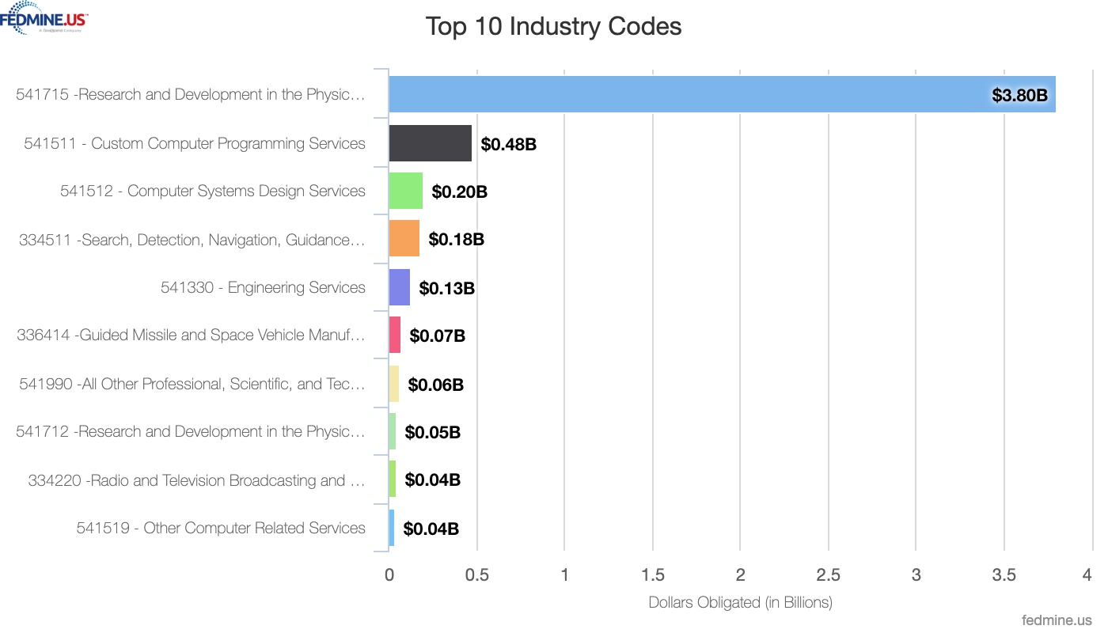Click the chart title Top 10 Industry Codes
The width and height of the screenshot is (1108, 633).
coord(553,26)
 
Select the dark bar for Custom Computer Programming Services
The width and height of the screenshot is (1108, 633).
coord(430,143)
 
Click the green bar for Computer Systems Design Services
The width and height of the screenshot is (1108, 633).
coord(405,191)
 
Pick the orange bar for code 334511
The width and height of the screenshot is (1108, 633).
coord(404,239)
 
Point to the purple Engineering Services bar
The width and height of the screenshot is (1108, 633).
coord(399,287)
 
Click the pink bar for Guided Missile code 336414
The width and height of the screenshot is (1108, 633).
coord(394,335)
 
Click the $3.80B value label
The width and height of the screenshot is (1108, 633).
coord(1019,96)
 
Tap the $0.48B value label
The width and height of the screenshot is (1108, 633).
coord(508,145)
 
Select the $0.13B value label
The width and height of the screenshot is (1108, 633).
coord(446,289)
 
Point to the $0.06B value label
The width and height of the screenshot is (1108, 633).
coord(435,385)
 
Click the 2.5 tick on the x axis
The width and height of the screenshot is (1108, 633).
coord(828,575)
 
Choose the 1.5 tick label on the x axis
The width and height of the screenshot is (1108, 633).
coord(652,575)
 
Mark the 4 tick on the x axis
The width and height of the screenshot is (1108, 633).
coord(1087,575)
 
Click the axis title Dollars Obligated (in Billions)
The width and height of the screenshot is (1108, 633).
coord(740,602)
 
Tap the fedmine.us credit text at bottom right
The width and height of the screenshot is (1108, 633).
coord(1057,620)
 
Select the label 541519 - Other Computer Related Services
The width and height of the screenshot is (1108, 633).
coord(221,528)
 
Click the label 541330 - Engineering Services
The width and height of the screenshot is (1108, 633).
coord(263,287)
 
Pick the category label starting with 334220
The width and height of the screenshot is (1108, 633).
coord(196,480)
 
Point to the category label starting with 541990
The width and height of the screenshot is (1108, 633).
coord(192,384)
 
